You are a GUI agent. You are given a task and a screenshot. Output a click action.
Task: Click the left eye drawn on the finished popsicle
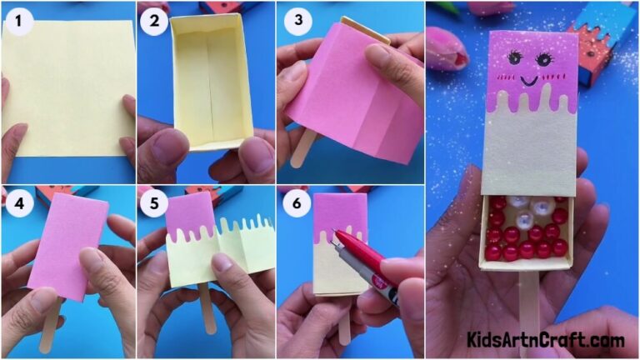pyautogui.click(x=512, y=59)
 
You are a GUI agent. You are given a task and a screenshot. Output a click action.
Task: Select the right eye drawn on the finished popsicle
pyautogui.click(x=545, y=60)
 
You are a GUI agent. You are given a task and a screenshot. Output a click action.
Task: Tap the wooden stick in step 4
pyautogui.click(x=50, y=325)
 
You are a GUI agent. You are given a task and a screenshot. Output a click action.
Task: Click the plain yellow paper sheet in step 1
pyautogui.click(x=67, y=87)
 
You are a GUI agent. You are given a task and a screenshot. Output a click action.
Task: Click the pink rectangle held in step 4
pyautogui.click(x=67, y=246)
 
